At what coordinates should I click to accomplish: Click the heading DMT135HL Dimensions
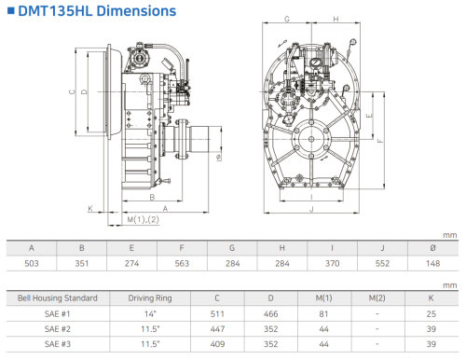(97, 11)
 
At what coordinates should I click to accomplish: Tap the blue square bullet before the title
(11, 11)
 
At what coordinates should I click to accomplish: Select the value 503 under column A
(32, 263)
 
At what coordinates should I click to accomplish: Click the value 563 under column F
(182, 263)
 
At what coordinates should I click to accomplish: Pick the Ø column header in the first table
(432, 248)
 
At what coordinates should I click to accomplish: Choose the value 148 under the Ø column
(432, 263)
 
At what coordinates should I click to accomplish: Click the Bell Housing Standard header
(58, 298)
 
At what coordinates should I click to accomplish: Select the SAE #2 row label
(58, 329)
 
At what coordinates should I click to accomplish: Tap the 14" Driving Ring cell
(150, 313)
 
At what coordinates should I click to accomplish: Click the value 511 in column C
(217, 313)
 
